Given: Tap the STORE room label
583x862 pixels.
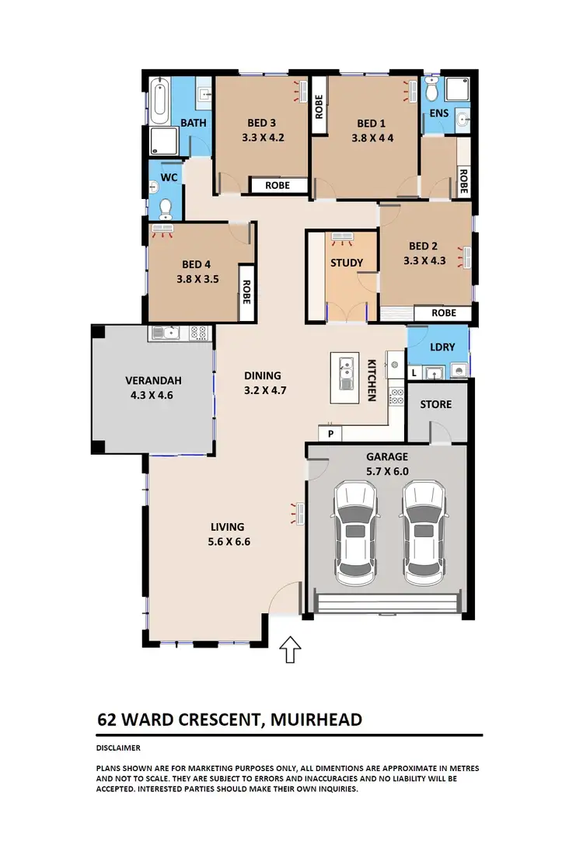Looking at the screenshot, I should click(x=435, y=404).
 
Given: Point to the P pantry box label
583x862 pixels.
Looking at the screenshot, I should click(x=330, y=433).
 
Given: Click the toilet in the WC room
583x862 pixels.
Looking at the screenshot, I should click(x=165, y=207).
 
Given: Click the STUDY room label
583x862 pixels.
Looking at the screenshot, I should click(x=347, y=263).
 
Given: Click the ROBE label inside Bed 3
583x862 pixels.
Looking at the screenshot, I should click(x=278, y=186).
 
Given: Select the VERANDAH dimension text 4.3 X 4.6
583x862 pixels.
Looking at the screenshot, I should click(x=153, y=395).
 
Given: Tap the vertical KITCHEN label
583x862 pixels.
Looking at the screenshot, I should click(x=372, y=380).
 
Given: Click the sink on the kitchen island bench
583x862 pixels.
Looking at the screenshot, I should click(x=344, y=365).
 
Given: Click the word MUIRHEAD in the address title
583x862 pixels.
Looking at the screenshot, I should click(x=316, y=719).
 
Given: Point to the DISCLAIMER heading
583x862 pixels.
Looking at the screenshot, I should click(x=118, y=748).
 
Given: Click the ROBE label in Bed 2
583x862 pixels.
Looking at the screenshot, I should click(x=443, y=312).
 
